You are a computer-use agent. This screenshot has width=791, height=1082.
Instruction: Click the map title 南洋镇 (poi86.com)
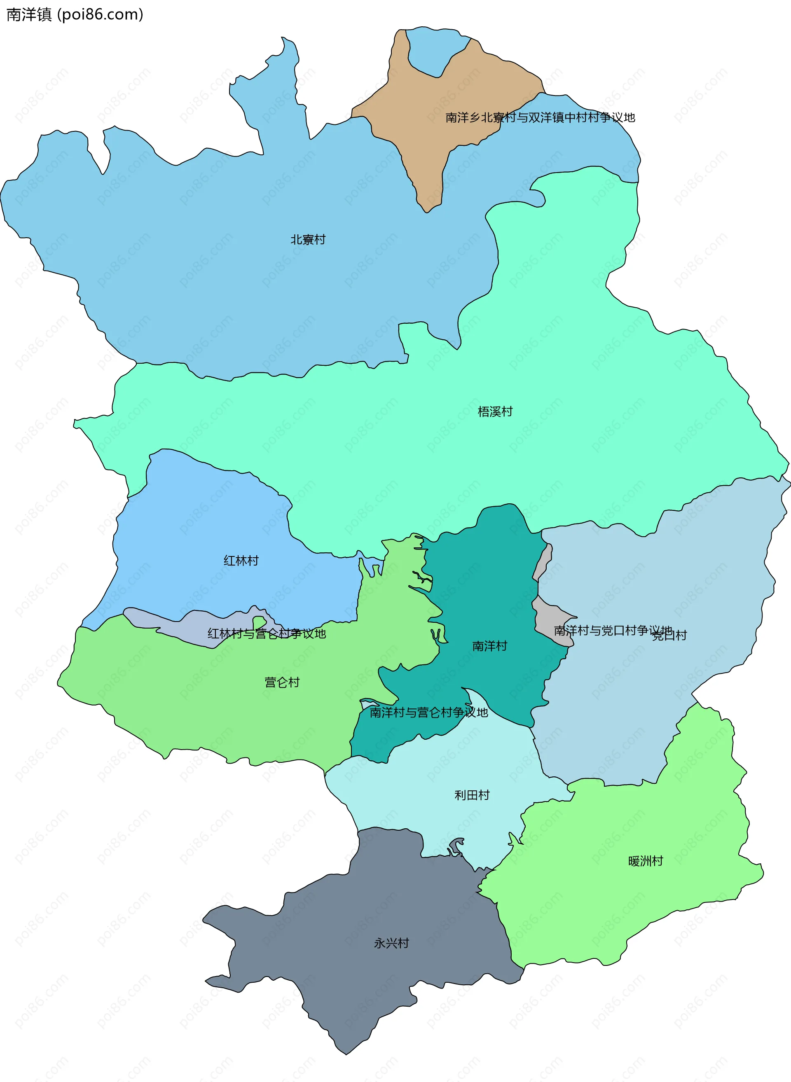[75, 14]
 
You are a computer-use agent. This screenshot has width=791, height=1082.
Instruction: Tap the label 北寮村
[308, 239]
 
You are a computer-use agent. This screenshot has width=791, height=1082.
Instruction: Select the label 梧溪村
[495, 411]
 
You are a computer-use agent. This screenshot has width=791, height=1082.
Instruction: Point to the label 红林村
[241, 560]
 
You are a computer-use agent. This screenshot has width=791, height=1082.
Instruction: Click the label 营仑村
[282, 682]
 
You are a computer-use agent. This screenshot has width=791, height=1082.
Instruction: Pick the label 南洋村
[489, 646]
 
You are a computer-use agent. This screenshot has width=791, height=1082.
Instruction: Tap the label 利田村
[472, 795]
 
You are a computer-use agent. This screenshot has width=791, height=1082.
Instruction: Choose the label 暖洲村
[646, 861]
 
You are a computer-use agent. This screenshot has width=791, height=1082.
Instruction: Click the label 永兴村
[391, 943]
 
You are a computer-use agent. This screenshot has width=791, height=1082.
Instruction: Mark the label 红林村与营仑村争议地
[267, 633]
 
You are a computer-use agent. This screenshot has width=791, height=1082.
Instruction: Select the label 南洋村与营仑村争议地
[428, 712]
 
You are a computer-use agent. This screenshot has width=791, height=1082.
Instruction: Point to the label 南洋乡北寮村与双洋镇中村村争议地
[540, 117]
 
